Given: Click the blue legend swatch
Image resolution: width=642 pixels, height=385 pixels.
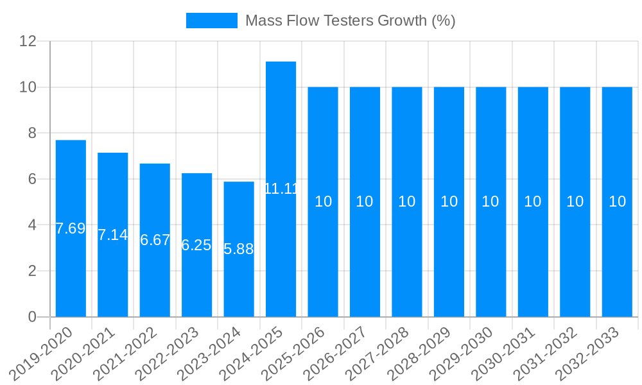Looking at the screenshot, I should [211, 21].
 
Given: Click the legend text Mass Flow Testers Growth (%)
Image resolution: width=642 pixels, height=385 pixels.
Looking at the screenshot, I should [350, 21].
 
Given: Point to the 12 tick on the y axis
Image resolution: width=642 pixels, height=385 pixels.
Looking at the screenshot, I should [28, 41].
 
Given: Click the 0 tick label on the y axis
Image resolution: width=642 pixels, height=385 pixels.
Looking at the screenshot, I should [32, 317].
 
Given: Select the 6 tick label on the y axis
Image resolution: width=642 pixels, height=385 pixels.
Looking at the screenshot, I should [32, 179].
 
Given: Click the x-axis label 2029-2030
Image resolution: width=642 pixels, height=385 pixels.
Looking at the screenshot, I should [467, 352].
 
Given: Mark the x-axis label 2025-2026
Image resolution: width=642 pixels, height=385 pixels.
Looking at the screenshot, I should [299, 352].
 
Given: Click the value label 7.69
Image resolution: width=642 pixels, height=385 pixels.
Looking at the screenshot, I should [70, 228].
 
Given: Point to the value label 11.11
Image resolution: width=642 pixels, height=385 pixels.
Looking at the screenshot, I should [281, 189].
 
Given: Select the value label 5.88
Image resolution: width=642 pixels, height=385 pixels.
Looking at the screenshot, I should [239, 249].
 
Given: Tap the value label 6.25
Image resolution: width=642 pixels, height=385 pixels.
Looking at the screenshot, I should [196, 245].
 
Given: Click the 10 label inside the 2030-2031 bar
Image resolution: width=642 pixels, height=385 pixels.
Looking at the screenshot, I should [533, 201].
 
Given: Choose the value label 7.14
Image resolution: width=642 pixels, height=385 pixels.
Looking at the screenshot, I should [112, 235].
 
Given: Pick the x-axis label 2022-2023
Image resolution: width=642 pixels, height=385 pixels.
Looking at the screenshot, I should [173, 352].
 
